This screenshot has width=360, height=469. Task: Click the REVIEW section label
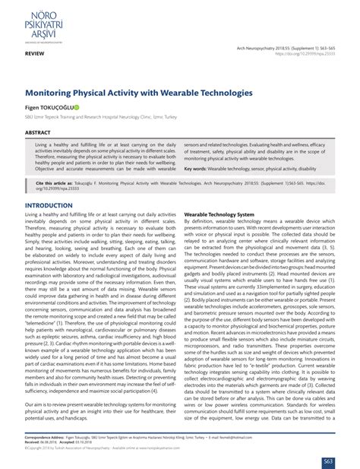[x=33, y=56]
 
